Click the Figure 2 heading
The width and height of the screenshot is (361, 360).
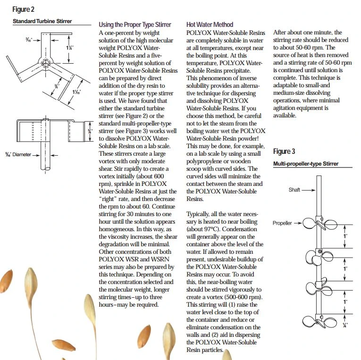[x=23, y=9]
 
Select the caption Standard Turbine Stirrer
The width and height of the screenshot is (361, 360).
[x=45, y=21]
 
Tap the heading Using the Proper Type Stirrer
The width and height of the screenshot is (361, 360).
[x=134, y=25]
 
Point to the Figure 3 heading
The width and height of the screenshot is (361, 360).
[x=284, y=151]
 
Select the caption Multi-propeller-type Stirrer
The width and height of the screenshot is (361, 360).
[x=306, y=164]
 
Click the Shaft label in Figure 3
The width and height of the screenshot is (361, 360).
[x=294, y=190]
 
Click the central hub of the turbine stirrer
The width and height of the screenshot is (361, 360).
[x=44, y=63]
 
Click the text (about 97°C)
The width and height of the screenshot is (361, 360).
[x=203, y=229]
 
